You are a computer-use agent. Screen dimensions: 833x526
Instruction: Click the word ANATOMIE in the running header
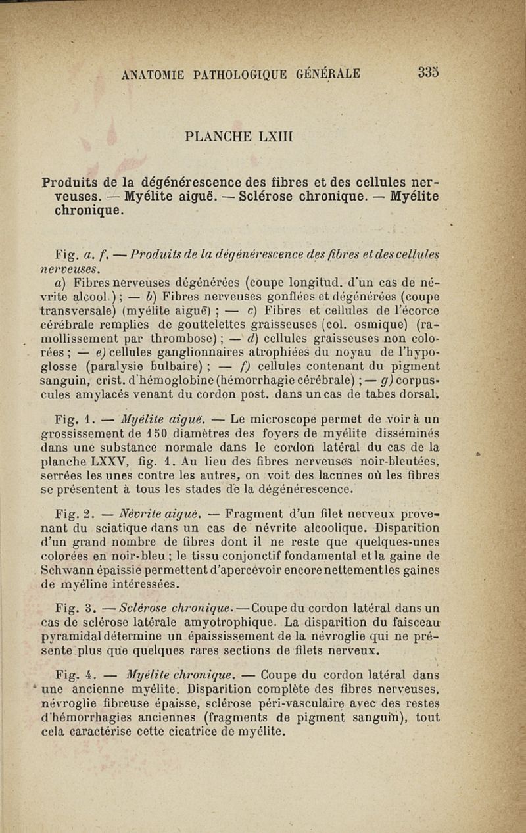coord(154,74)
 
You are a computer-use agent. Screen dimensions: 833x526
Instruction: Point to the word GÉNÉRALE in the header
coord(322,73)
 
